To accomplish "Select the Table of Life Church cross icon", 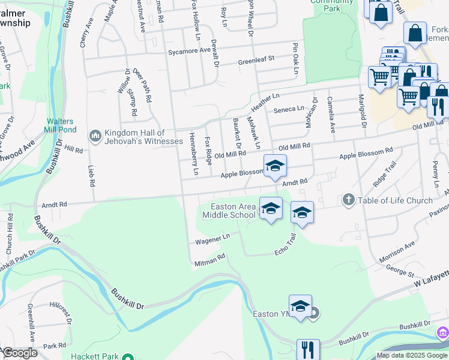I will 349,200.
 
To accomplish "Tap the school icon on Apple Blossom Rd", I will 275,166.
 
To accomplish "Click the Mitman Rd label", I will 209,260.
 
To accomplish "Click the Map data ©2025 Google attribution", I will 412,355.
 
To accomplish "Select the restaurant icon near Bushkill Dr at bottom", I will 308,349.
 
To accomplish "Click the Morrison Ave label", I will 397,252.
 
